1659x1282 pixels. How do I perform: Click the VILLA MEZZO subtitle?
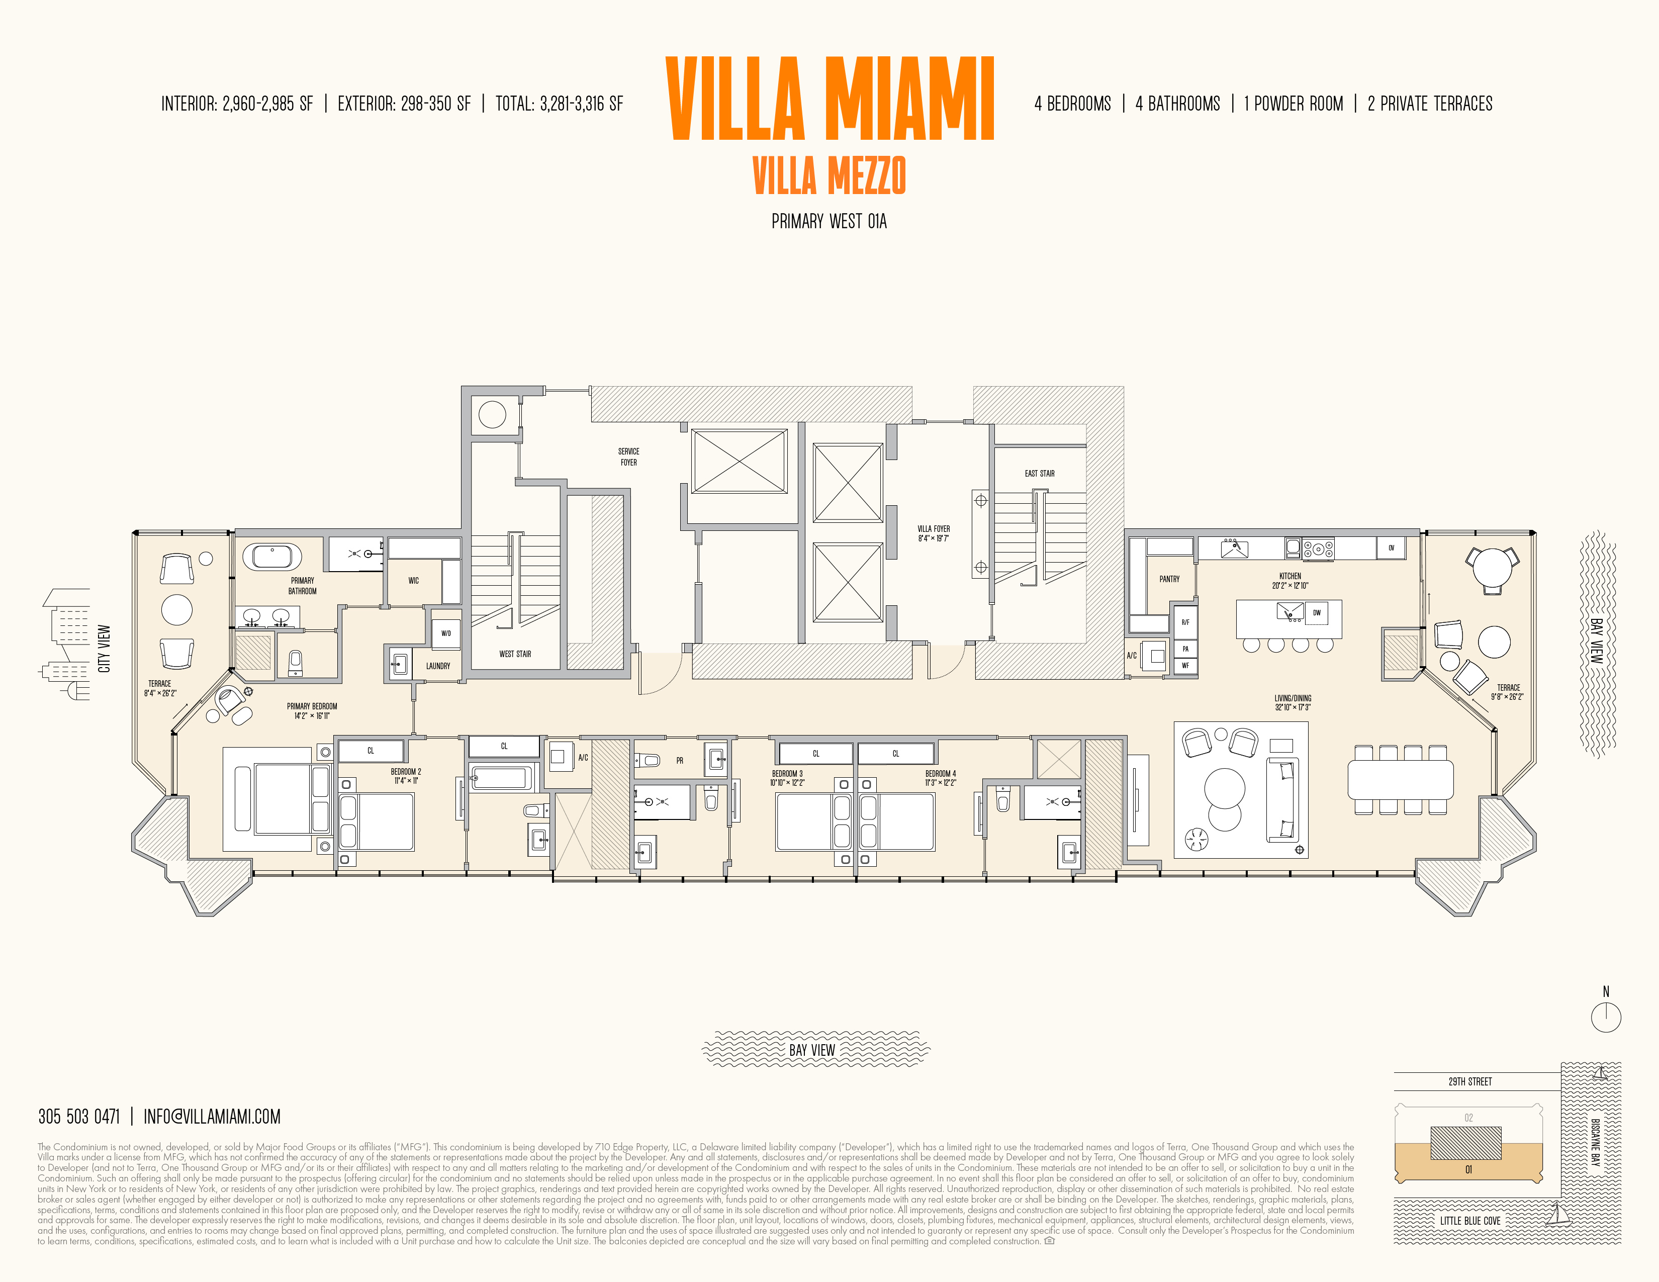828,175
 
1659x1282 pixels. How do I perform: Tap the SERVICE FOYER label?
628,456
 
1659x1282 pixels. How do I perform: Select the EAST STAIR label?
1039,473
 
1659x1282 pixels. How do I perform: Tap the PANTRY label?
1169,579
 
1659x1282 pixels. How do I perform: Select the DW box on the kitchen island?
1317,612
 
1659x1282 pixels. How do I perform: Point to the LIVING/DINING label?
1292,702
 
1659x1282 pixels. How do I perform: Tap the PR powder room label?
680,760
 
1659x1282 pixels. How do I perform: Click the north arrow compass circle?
1606,1017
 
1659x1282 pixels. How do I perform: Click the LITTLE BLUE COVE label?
1470,1221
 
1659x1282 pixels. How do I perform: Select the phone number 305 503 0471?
79,1117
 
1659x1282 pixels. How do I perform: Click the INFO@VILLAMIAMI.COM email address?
212,1117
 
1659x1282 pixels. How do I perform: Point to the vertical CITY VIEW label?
104,649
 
